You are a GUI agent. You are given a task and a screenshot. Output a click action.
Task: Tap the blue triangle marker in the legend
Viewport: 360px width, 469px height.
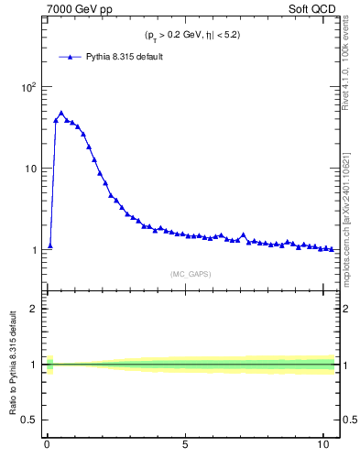71,57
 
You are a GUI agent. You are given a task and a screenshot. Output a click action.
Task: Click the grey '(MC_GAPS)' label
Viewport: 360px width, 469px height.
191,273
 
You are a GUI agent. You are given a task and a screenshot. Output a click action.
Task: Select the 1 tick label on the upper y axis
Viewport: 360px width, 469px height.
33,250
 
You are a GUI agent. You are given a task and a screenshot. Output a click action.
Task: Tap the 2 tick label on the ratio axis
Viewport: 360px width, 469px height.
33,309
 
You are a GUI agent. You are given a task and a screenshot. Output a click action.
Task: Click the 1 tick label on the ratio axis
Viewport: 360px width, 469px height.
33,365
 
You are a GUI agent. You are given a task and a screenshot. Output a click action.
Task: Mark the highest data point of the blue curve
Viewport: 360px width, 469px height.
61,114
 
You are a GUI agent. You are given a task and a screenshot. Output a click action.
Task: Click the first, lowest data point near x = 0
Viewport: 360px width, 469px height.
50,245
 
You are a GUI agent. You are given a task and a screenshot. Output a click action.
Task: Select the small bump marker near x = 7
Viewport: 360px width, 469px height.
243,234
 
